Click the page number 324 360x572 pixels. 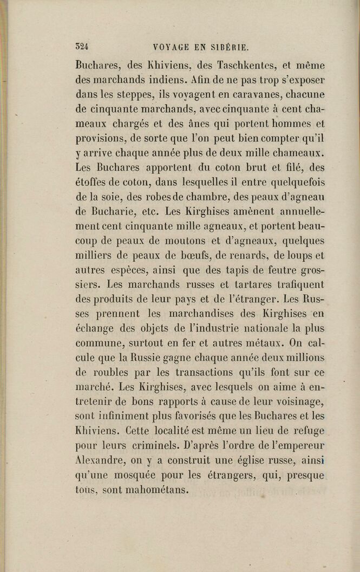pos(82,46)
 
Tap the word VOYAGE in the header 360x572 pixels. pos(172,47)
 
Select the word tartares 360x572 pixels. pos(237,284)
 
